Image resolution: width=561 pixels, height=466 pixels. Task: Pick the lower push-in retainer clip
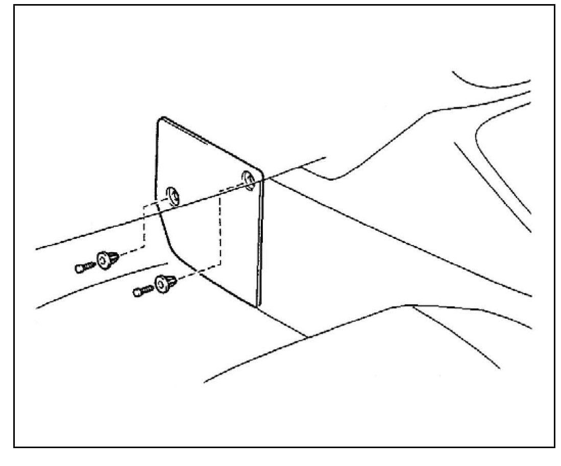(x=165, y=283)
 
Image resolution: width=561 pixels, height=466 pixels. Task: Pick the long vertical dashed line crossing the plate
(x=221, y=230)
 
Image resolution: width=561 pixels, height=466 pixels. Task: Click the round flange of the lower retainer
(x=162, y=284)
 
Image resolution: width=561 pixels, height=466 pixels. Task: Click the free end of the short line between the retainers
(x=167, y=264)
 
